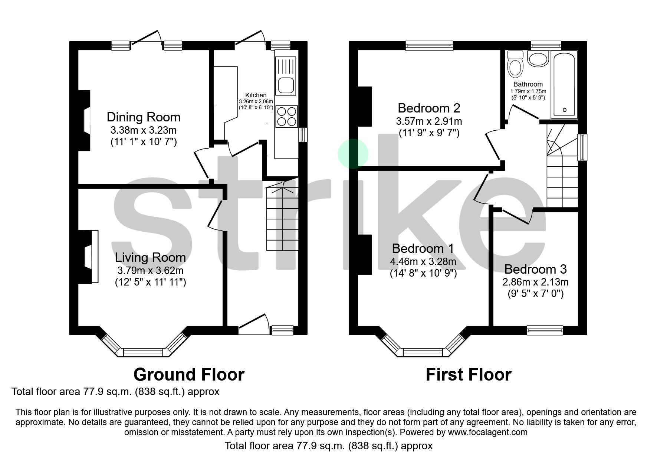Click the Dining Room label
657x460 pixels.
coord(143,117)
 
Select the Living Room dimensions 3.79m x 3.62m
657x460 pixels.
coord(150,270)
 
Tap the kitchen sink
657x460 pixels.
coord(285,85)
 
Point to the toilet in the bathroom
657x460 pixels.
coord(515,65)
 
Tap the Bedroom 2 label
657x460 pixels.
coord(429,108)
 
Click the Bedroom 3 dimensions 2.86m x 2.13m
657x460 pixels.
coord(535,282)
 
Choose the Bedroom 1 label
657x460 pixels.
coord(423,248)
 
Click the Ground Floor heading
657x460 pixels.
coord(189,375)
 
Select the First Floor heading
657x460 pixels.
coord(468,375)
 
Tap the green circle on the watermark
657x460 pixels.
coord(353,154)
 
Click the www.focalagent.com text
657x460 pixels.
coord(487,432)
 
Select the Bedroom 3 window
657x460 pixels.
coord(545,330)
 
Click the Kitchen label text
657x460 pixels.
coord(256,95)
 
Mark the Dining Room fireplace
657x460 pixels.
coord(86,121)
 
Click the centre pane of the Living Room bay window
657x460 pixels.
coord(143,352)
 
